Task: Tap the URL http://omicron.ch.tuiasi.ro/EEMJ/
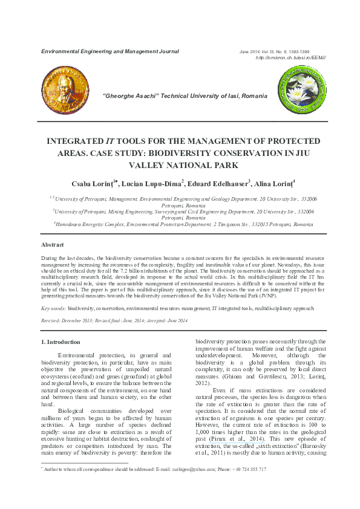tap(291, 57)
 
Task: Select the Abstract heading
tap(53, 245)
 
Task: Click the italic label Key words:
tap(54, 308)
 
